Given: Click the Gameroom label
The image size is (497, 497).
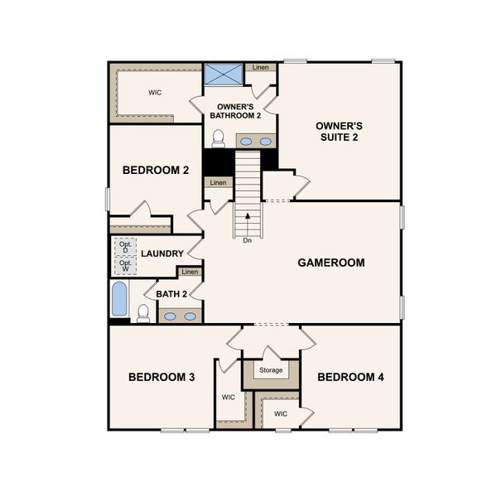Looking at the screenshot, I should (x=331, y=263).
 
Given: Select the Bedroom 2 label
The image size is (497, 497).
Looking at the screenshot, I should (x=156, y=170).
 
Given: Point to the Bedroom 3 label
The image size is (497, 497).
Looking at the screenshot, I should (x=162, y=377).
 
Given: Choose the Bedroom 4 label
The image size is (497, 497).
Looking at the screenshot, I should (x=350, y=377).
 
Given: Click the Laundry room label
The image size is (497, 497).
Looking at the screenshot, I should (x=162, y=253).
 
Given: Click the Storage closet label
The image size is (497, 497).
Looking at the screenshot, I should (x=271, y=370).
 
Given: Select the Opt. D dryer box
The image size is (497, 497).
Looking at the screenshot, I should (x=126, y=247).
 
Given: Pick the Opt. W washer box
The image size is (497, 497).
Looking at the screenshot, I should (x=126, y=265).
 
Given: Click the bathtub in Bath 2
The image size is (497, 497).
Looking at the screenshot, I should (x=118, y=300).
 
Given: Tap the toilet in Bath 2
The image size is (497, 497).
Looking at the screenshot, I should (x=143, y=313).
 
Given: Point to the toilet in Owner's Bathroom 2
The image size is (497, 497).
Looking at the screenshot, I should (x=219, y=138).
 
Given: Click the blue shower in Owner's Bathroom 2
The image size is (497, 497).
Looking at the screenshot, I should (x=222, y=73).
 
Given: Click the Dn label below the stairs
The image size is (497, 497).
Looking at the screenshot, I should (x=247, y=241).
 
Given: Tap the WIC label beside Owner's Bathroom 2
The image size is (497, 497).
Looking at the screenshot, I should (x=155, y=93).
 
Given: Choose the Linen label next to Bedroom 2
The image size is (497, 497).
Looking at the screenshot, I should (x=218, y=182).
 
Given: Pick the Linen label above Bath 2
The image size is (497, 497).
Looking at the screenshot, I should (x=190, y=272).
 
